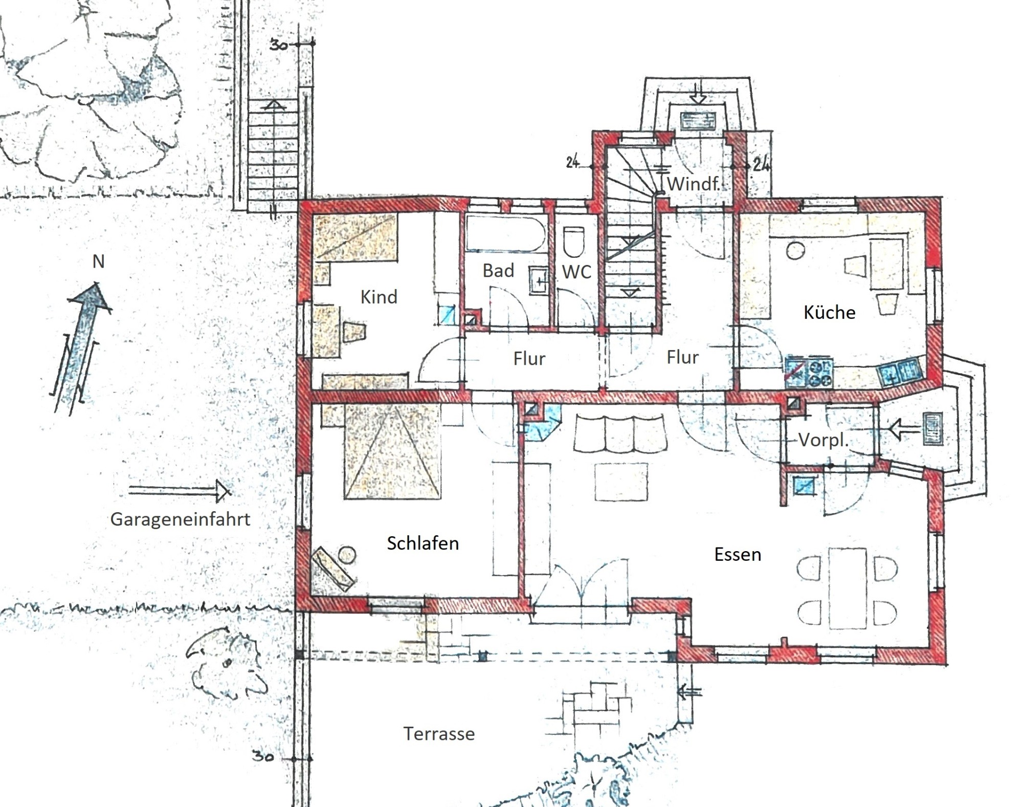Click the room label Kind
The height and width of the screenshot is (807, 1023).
[x=379, y=297]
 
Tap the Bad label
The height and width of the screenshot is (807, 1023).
[x=498, y=271]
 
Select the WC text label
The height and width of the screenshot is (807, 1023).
[x=576, y=272]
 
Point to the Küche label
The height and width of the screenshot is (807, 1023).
[x=829, y=312]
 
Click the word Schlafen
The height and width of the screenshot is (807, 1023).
[x=422, y=543]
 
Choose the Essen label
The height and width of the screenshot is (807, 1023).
[x=738, y=554]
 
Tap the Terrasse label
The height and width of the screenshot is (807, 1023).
[x=439, y=734]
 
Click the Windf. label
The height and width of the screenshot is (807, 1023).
[x=694, y=184]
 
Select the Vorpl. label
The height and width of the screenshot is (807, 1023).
[x=824, y=440]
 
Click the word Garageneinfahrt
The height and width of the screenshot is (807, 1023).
[x=180, y=519]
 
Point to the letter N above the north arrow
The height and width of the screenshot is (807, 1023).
[x=98, y=261]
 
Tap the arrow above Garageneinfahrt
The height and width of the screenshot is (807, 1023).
[x=180, y=491]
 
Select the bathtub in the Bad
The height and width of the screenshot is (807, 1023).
[x=504, y=235]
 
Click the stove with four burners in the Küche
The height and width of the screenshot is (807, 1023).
[x=809, y=372]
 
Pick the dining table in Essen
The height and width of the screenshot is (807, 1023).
[x=848, y=588]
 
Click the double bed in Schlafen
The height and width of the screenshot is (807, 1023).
[x=392, y=450]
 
